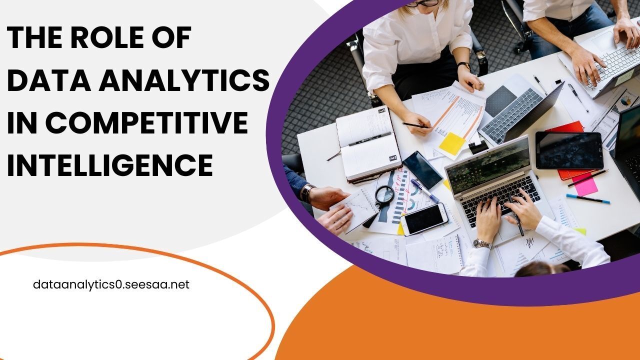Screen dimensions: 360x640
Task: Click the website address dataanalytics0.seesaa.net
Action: coord(111,285)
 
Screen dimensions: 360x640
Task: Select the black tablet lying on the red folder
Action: coord(569,150)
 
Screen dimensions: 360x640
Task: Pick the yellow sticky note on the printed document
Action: coord(452,142)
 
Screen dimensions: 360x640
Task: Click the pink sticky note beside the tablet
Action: coord(585,184)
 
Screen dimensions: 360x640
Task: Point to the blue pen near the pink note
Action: coord(587,198)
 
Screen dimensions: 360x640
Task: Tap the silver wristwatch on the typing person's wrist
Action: coord(482,244)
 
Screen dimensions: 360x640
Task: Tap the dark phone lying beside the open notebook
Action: coord(422,169)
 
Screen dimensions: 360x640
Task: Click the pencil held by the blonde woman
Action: coord(416,125)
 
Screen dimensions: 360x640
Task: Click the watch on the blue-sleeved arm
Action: coord(307,192)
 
